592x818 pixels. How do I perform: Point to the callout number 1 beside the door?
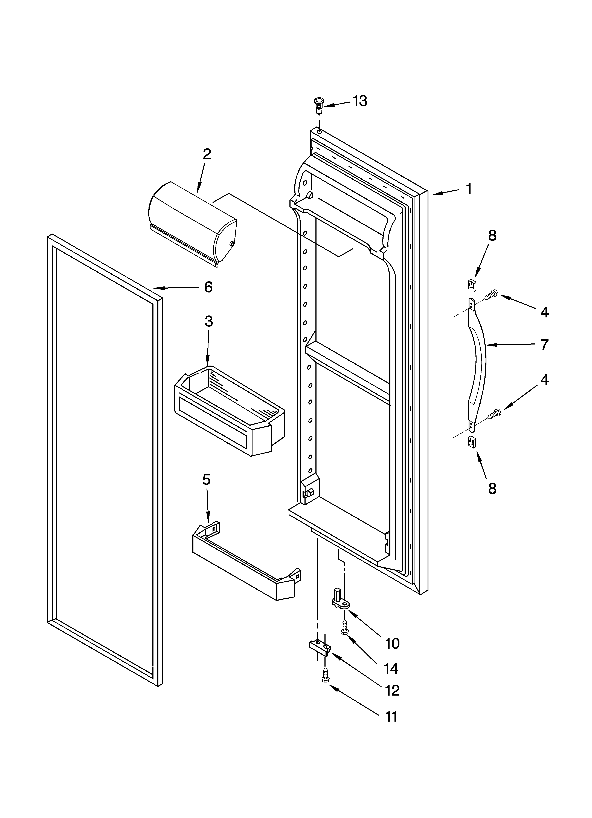click(x=469, y=189)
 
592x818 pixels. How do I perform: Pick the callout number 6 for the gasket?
click(x=208, y=287)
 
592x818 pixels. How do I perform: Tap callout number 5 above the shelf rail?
click(x=206, y=480)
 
